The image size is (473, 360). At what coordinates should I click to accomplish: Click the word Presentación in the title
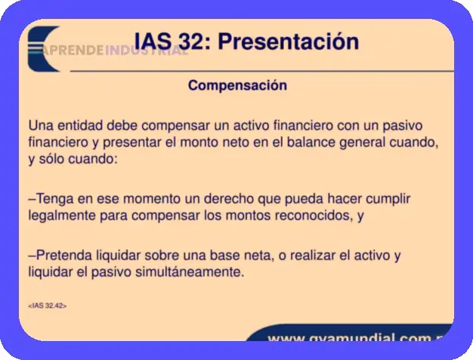288,42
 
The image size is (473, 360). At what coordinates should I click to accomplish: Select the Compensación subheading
237,85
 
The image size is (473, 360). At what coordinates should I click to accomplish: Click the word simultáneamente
192,272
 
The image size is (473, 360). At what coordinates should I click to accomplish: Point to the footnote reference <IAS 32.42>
47,306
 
